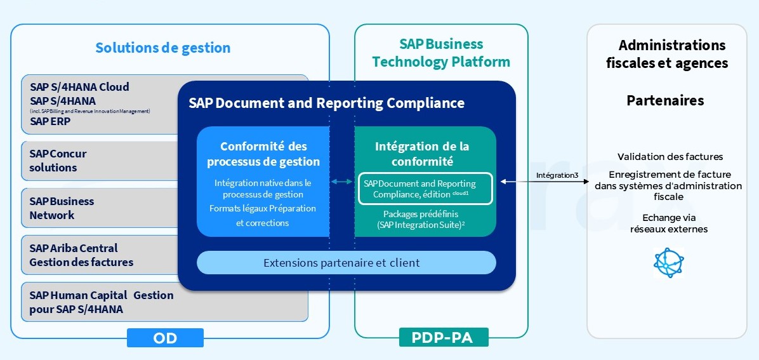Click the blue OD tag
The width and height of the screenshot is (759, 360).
point(165,338)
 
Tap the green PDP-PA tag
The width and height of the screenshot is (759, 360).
point(444,338)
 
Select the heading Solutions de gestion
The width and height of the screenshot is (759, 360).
point(163,48)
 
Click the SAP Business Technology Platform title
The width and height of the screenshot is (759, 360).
point(441,53)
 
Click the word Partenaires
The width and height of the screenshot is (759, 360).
point(665,101)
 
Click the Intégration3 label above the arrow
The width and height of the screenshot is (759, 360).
point(557,175)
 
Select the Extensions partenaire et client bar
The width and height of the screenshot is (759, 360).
point(346,262)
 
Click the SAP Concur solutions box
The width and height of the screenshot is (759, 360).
point(95,161)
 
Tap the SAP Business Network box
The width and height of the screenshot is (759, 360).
point(95,208)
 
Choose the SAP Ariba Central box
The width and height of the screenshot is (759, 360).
point(95,255)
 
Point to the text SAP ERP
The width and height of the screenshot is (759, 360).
point(50,121)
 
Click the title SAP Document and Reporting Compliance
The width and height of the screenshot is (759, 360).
point(326,103)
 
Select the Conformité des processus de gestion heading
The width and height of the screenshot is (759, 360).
point(263,154)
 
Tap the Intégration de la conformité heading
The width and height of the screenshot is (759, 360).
point(422,154)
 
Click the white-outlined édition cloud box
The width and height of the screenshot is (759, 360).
point(425,189)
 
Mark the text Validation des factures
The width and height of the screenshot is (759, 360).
point(670,157)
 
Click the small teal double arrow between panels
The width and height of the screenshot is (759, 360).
point(341,182)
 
